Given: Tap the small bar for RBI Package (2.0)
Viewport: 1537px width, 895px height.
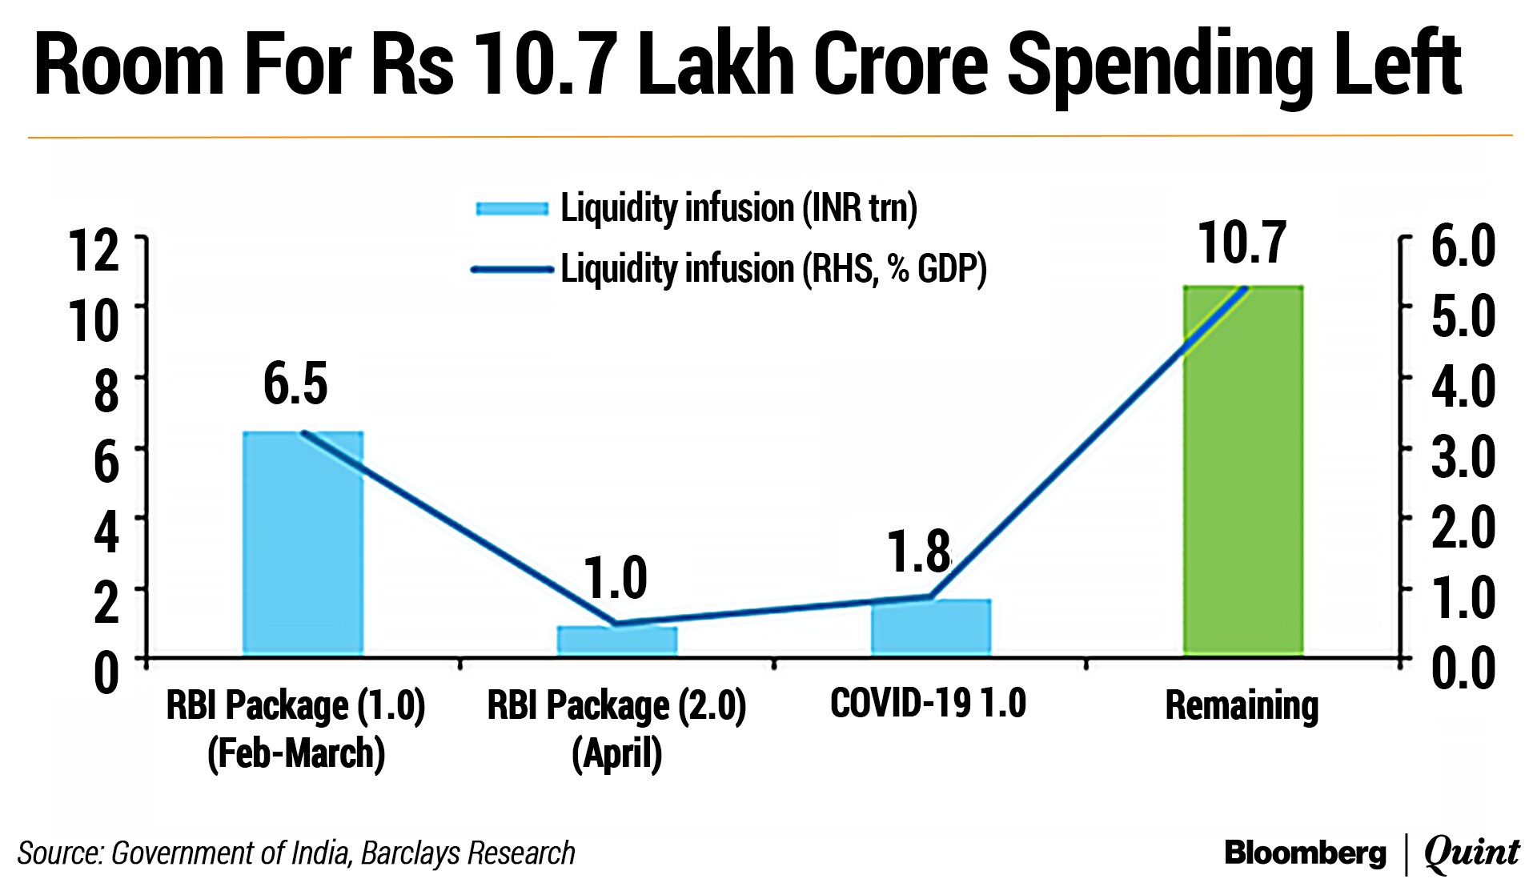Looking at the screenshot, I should click(617, 640).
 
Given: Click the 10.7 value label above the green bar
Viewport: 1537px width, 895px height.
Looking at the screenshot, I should click(1242, 243).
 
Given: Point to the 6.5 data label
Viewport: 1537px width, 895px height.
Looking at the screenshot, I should click(295, 383).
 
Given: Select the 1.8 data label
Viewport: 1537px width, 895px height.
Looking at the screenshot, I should click(919, 552).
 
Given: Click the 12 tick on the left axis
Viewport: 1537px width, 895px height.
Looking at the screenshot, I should click(94, 251).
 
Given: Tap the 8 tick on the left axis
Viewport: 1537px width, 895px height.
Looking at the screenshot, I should click(106, 391).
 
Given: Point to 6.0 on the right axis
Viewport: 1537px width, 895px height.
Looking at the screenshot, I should click(1463, 246).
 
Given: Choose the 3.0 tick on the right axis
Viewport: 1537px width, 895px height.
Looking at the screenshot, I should click(1463, 457).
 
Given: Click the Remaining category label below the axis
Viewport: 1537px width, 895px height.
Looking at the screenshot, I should click(1242, 706).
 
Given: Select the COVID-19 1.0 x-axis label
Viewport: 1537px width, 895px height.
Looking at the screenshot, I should click(928, 704).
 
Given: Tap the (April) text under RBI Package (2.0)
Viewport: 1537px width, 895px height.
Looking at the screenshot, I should click(616, 753).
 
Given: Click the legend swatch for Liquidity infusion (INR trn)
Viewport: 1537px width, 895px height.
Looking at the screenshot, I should click(512, 209).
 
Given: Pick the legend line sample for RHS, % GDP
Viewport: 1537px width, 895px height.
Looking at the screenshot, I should click(512, 270).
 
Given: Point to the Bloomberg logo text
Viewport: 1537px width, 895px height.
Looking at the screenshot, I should click(1305, 853).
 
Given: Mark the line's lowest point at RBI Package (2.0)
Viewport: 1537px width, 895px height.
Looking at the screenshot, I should click(615, 623).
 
